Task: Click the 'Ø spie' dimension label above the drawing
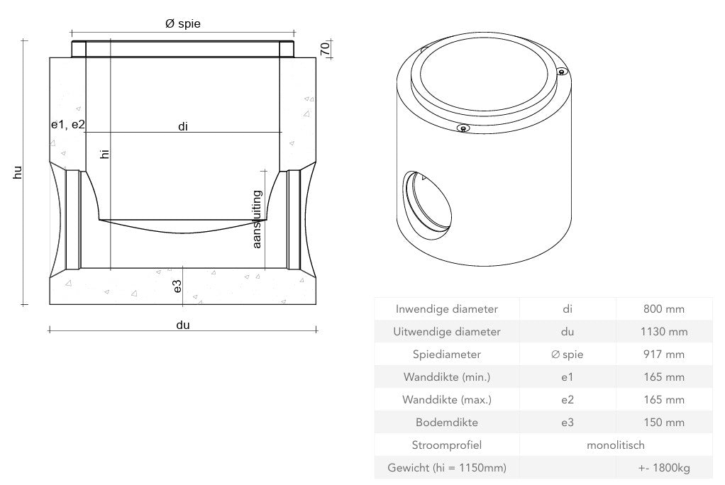pyautogui.click(x=182, y=24)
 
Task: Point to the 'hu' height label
pyautogui.click(x=18, y=172)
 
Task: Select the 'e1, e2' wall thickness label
pyautogui.click(x=67, y=124)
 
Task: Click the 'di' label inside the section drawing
pyautogui.click(x=183, y=126)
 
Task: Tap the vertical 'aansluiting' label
pyautogui.click(x=258, y=219)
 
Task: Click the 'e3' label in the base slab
pyautogui.click(x=177, y=286)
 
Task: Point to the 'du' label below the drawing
pyautogui.click(x=183, y=325)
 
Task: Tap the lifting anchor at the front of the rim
pyautogui.click(x=463, y=128)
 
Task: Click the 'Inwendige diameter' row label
pyautogui.click(x=446, y=308)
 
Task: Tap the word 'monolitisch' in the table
pyautogui.click(x=616, y=445)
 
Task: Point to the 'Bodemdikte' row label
pyautogui.click(x=446, y=422)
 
